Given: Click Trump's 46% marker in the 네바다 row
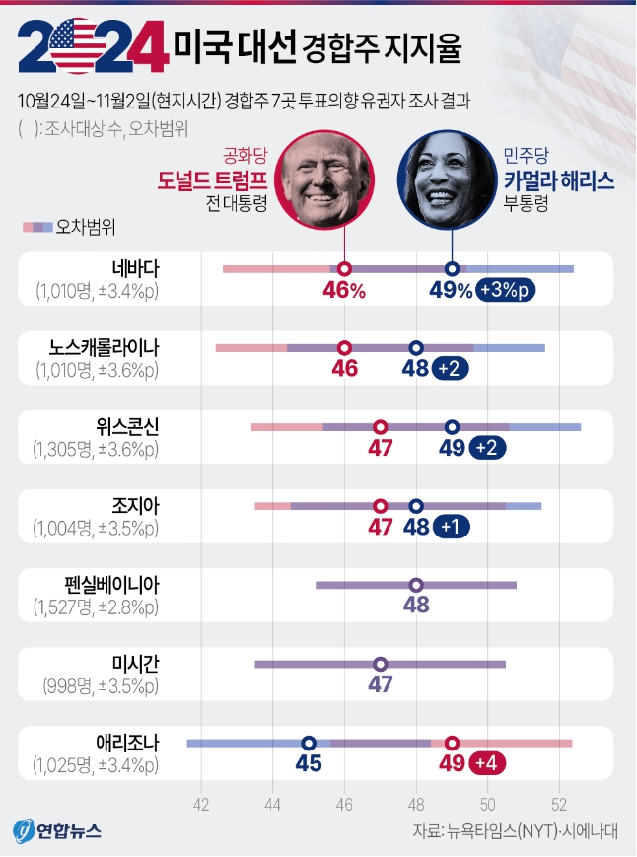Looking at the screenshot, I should (x=344, y=268).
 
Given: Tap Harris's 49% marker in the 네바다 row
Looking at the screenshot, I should (x=452, y=268).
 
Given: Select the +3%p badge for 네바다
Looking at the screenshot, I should (x=506, y=290).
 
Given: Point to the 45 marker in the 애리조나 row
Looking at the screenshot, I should (x=309, y=743).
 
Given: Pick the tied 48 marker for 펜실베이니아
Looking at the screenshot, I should (x=416, y=585).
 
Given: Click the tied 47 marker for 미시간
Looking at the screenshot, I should (x=380, y=664).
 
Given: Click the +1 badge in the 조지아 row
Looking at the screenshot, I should (x=452, y=527).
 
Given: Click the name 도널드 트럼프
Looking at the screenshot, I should (x=213, y=180).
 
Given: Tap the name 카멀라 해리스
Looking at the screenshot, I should (x=558, y=180).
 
